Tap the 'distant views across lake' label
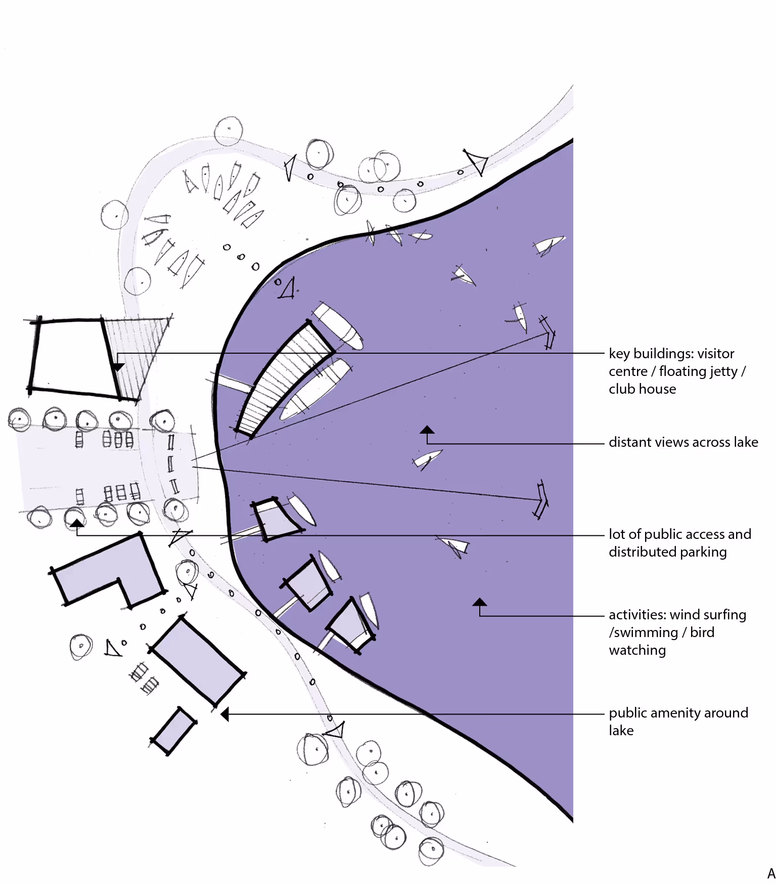(683, 442)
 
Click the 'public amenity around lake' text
(678, 721)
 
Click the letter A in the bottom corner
(771, 874)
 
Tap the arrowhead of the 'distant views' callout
(427, 430)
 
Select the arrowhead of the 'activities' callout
(479, 602)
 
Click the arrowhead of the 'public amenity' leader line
(225, 714)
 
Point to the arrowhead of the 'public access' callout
(76, 523)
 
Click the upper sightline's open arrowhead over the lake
(548, 334)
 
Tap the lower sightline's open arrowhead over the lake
(541, 500)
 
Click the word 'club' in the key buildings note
(620, 389)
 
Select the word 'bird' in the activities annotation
(702, 633)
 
